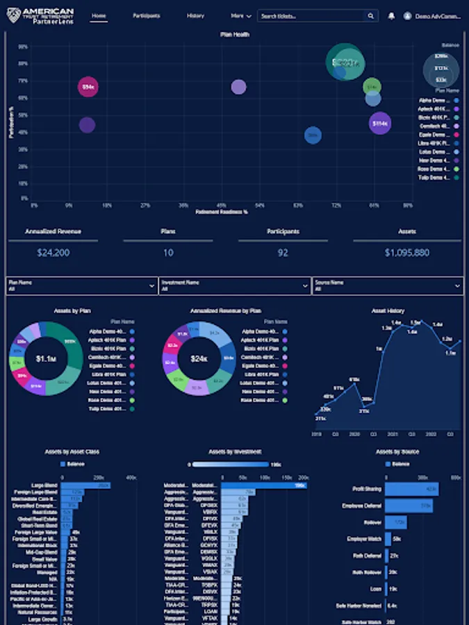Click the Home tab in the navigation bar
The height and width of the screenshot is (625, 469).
(99, 15)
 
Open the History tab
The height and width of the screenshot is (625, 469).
(195, 15)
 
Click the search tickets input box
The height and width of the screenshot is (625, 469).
(313, 15)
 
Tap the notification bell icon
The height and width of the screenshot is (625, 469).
(392, 15)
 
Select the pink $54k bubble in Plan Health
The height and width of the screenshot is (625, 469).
(88, 87)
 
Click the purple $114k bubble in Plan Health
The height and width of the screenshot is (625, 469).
(379, 124)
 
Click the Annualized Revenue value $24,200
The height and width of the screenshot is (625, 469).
(53, 253)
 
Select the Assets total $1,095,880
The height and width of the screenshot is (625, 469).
(406, 253)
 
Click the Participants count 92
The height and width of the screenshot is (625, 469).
(283, 253)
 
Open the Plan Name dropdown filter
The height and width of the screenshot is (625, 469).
(82, 285)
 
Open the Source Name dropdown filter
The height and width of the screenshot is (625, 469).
(387, 285)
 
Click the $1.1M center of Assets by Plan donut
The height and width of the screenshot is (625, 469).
(45, 358)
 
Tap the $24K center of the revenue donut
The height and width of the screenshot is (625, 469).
(199, 358)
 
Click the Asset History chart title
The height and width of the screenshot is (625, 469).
(388, 311)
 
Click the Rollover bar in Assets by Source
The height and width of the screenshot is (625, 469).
(395, 522)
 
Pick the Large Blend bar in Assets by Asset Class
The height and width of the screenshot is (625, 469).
(85, 485)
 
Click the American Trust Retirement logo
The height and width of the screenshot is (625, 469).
(39, 15)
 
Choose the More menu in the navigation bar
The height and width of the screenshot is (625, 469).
(240, 15)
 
